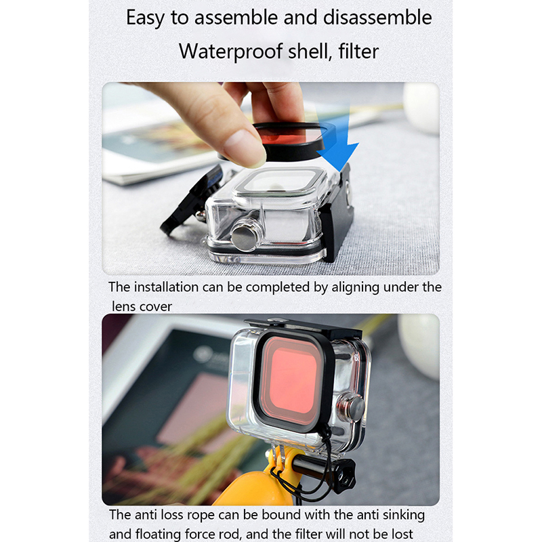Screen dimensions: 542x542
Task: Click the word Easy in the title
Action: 145,18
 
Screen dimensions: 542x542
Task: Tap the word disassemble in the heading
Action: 377,18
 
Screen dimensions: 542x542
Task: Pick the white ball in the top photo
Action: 421,107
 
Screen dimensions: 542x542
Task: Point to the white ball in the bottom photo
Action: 419,346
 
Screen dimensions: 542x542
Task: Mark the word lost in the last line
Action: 400,534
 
